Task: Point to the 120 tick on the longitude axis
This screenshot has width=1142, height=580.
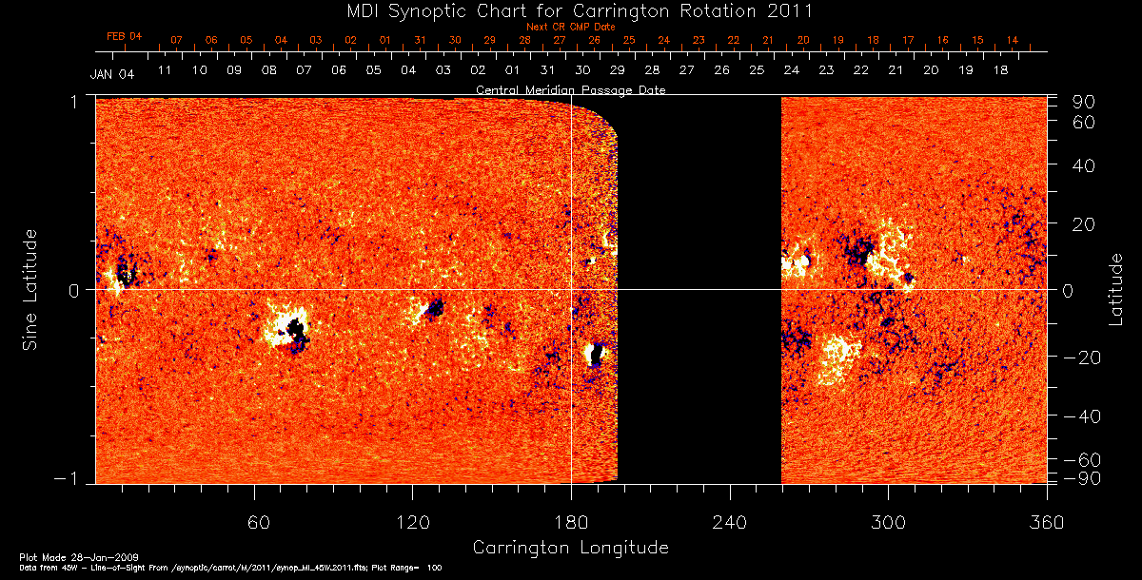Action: tap(412, 524)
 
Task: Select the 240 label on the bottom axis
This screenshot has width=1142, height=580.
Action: tap(729, 524)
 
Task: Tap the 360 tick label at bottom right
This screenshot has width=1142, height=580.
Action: tap(1046, 524)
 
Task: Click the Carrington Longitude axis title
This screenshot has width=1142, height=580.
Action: tap(570, 548)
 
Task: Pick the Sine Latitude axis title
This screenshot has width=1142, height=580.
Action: tap(30, 289)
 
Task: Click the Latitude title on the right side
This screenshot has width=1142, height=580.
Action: tap(1115, 289)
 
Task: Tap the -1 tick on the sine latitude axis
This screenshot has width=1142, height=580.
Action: tap(72, 478)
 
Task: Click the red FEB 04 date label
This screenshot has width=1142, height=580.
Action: tap(124, 36)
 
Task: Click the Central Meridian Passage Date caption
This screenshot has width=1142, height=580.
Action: tap(570, 89)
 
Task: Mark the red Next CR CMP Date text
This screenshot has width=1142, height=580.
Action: tap(570, 27)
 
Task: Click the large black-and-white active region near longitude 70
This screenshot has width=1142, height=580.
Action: tap(288, 327)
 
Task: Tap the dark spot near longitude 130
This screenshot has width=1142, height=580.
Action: tap(435, 307)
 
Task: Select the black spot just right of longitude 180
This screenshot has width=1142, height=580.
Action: tap(596, 355)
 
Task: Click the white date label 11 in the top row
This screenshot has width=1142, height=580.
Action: tap(165, 70)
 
